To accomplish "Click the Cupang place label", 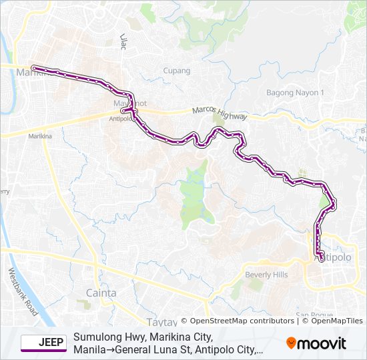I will pos(176,71).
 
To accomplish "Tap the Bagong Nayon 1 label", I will pos(295,93).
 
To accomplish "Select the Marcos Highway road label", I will pos(220,113).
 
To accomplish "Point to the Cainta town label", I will pos(101,293).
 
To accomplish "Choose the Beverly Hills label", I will pos(266,275).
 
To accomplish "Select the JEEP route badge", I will pos(43,343).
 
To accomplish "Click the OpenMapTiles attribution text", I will pos(336,321).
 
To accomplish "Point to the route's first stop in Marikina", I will pos(33,67).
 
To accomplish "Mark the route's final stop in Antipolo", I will pos(322,259).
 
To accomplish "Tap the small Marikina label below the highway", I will pos(40,135).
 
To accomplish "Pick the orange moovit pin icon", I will pos(291,343).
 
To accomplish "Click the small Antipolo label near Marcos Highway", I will pos(119,119).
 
